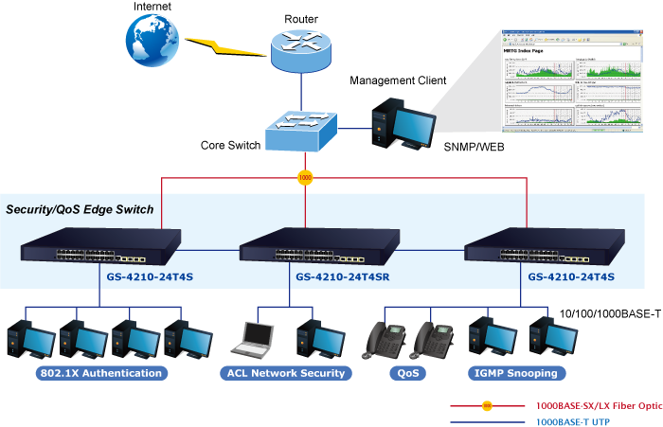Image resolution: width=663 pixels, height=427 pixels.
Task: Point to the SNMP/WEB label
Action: pos(474,148)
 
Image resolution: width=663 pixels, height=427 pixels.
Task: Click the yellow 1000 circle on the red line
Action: pos(305,177)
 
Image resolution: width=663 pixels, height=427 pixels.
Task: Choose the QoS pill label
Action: pos(408,373)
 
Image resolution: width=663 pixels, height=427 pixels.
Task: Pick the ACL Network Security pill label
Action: pos(285,373)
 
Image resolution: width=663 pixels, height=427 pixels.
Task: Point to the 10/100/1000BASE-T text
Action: pos(609,313)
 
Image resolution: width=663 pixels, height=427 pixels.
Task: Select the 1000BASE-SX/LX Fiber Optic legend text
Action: pos(598,405)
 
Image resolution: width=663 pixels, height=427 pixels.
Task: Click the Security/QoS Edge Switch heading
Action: pos(80,208)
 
